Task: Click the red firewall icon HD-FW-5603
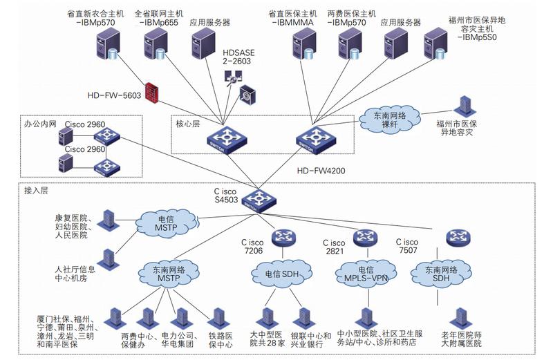point(151,93)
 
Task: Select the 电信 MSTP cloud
point(166,224)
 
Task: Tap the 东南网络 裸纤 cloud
point(390,119)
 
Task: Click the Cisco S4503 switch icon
point(259,201)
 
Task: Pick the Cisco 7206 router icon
point(283,238)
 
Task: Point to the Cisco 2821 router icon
point(365,238)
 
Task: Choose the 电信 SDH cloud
point(282,274)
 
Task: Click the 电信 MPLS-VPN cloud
point(366,274)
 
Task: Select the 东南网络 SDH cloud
point(441,274)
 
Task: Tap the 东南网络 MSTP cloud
point(169,274)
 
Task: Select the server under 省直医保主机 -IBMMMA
point(303,44)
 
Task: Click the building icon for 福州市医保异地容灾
point(465,106)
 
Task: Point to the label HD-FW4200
point(321,171)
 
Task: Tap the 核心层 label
point(187,124)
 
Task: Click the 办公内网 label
point(40,124)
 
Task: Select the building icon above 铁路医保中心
point(218,319)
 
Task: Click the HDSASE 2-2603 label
point(238,57)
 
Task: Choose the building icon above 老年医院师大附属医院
point(460,319)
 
